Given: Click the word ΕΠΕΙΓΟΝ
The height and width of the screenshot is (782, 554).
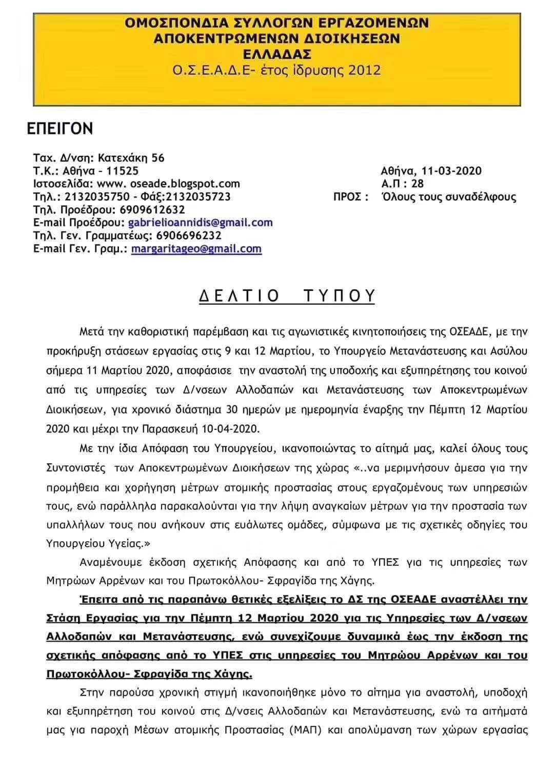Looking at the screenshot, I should pos(60,129).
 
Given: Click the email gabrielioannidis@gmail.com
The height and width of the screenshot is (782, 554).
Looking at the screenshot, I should pos(200,222).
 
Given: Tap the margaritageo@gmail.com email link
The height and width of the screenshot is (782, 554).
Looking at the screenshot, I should pos(196,249).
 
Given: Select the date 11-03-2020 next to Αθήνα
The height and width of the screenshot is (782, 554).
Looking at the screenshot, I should pos(451,171).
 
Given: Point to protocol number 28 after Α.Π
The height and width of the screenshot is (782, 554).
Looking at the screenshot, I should pos(418,183).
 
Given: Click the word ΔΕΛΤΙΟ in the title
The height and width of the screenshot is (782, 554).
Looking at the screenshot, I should pos(239,296).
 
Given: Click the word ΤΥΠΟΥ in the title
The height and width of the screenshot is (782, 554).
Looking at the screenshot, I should pos(339,296).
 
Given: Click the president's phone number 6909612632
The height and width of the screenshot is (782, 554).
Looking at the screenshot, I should pos(152,210).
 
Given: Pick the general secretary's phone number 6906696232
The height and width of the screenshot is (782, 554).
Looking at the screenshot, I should pos(189,235).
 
